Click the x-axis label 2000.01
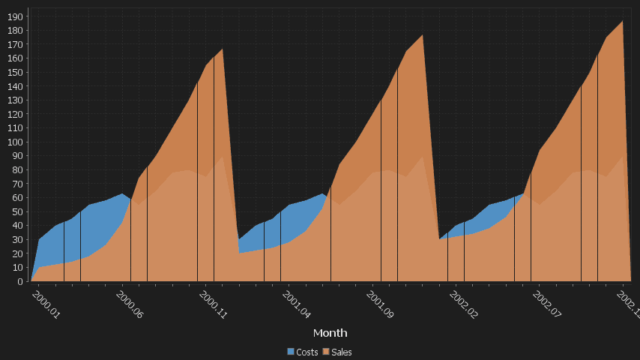coord(46,304)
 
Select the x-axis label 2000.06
coord(129,304)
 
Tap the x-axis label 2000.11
coord(213,304)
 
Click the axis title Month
coord(330,332)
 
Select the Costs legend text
coord(307,352)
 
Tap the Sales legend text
coord(342,352)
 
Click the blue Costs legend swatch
coord(291,352)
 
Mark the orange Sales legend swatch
coord(326,352)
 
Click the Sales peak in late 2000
coord(223,49)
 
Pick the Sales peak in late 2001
coord(423,35)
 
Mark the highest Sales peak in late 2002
coord(623,21)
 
